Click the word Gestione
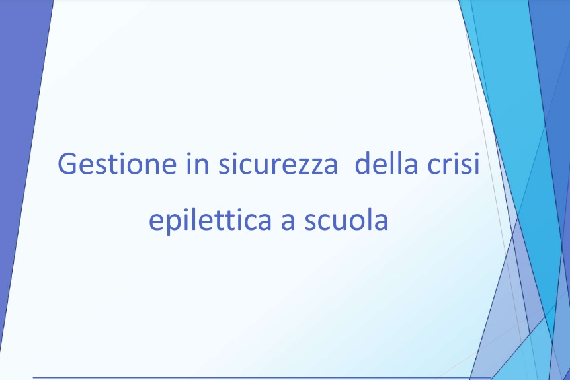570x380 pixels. tap(117, 163)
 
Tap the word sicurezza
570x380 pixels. tap(278, 163)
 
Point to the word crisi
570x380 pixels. tap(454, 163)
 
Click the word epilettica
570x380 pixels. tap(210, 220)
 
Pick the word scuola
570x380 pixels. tap(346, 220)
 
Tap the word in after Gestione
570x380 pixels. tap(198, 163)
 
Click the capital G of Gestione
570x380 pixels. tap(67, 164)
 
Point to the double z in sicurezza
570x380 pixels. tap(307, 167)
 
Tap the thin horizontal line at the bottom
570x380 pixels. tap(262, 377)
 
